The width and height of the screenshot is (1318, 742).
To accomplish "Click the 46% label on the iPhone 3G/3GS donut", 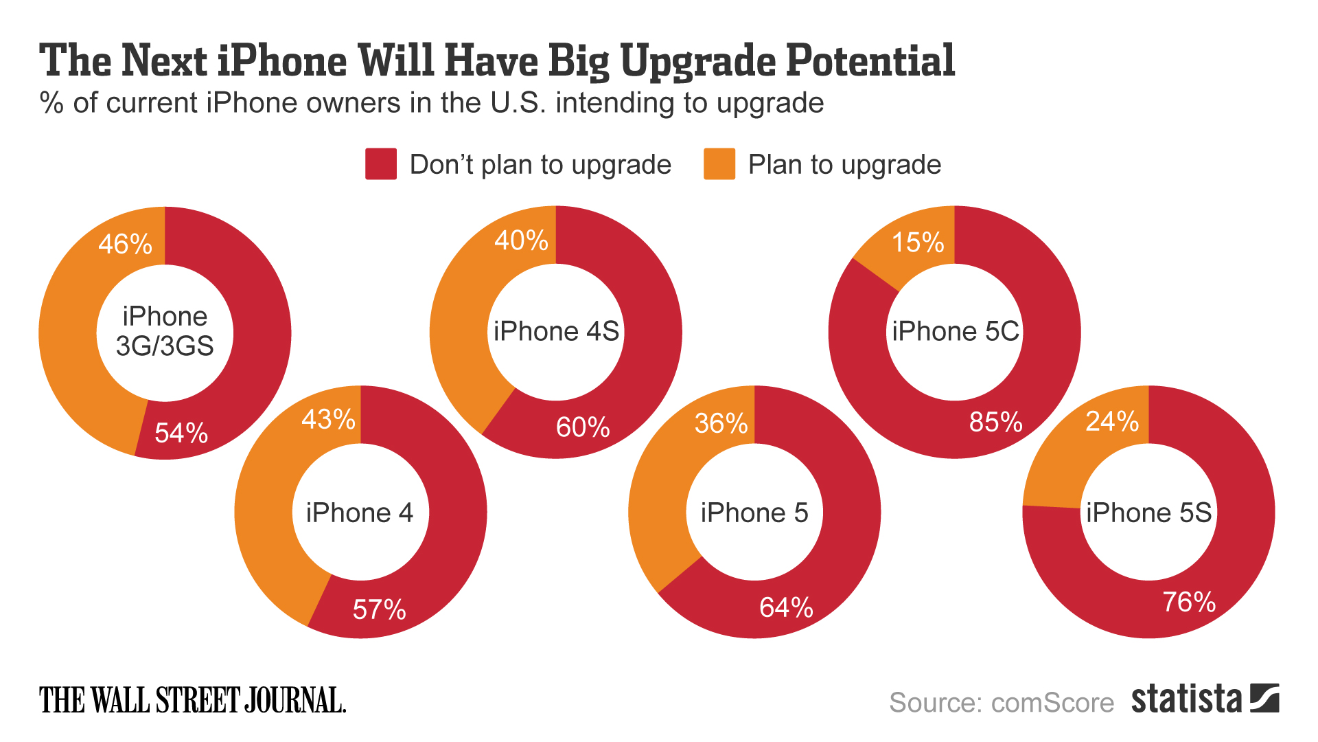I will point(125,244).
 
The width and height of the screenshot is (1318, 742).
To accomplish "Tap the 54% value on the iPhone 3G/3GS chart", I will point(181,433).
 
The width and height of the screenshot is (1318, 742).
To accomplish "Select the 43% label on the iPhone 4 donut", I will point(328,419).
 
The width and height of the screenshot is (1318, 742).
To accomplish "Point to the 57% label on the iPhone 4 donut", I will point(379,609).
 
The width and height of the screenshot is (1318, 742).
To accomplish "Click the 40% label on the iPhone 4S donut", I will point(521,240).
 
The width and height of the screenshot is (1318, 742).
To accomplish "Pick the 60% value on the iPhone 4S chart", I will point(583,427).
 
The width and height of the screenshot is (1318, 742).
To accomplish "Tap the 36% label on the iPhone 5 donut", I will point(721,423).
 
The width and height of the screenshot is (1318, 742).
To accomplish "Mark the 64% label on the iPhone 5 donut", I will point(786,607).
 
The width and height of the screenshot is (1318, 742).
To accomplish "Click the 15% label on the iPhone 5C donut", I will point(918,243).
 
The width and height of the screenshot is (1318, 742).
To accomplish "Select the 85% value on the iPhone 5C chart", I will point(995,422).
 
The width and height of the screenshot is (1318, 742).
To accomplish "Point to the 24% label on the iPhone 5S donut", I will point(1112,421).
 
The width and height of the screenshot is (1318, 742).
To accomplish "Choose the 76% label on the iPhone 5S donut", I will point(1189,603).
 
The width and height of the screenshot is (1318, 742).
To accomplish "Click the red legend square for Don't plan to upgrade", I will point(381,164).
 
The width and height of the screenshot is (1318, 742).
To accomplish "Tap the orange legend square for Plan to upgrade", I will point(719,164).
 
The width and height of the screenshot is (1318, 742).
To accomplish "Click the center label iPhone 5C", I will point(955,331).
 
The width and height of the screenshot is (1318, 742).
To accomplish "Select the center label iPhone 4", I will point(360,513).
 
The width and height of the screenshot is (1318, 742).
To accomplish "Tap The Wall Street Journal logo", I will point(192,701).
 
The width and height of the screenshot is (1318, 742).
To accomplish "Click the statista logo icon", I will point(1264,698).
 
